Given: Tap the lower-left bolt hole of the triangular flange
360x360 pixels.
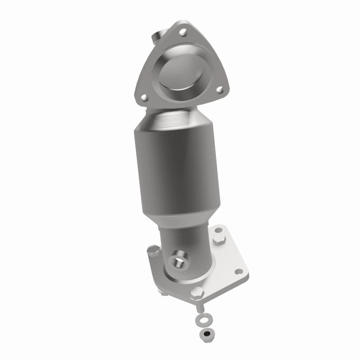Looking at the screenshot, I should pos(144,97).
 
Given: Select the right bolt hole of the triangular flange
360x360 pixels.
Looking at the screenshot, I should pos(219,90).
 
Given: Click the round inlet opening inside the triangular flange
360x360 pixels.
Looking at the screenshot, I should pos(180,72).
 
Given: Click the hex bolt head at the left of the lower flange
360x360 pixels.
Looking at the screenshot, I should pos(153,249).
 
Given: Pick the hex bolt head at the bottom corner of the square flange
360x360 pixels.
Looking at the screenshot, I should pos(197,292).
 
